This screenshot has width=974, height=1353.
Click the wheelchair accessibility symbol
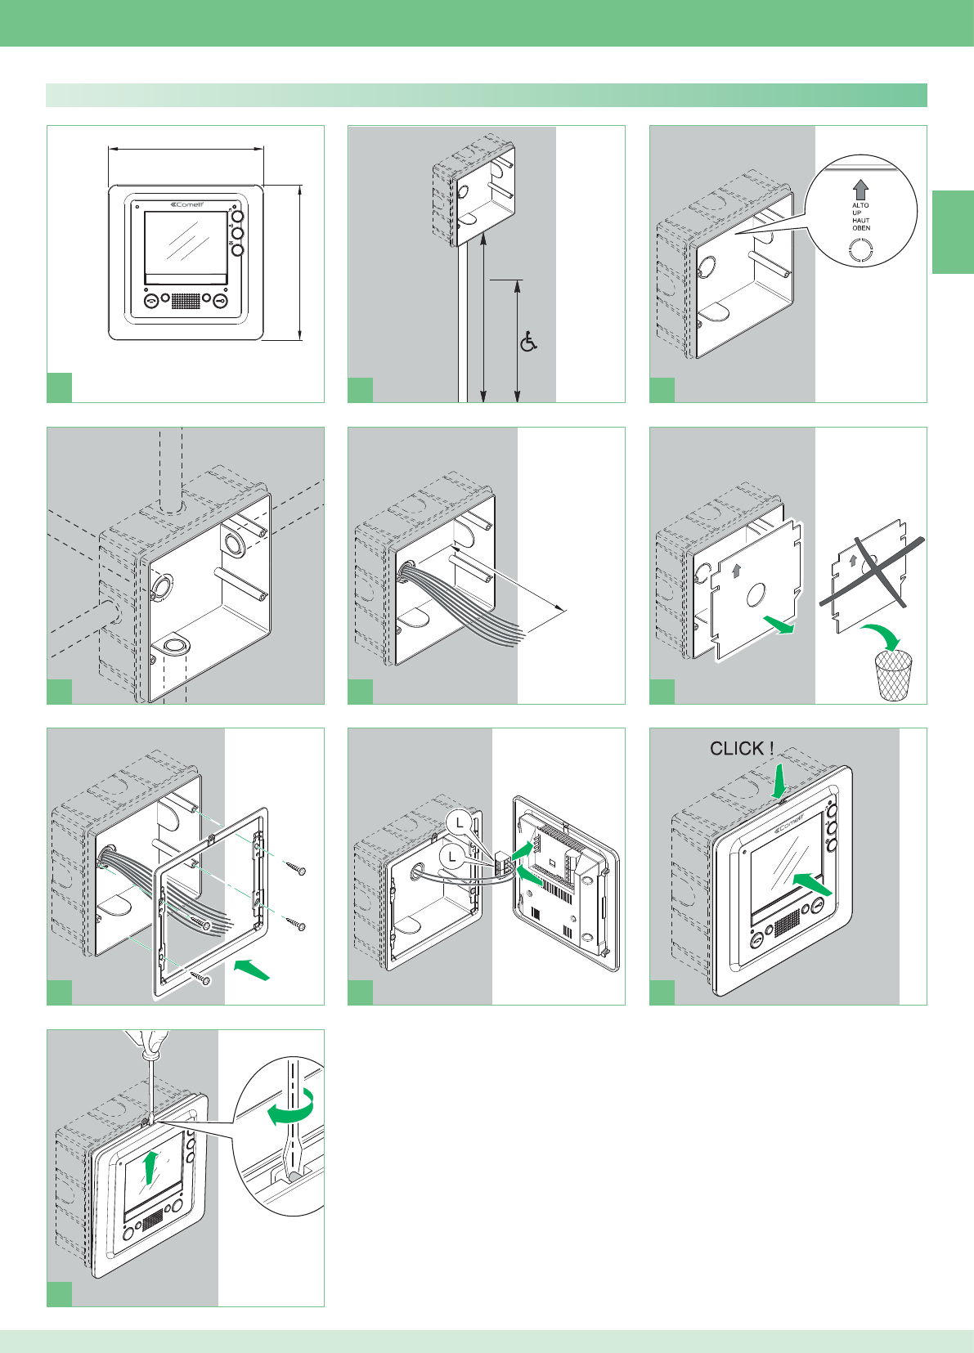[529, 342]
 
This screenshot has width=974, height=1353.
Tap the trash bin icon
[893, 675]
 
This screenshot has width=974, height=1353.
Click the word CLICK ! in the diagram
[741, 748]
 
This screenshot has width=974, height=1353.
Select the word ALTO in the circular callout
[860, 205]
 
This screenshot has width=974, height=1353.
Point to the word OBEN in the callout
[861, 228]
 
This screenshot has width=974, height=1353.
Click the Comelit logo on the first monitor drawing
[186, 205]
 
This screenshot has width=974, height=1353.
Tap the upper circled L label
[461, 822]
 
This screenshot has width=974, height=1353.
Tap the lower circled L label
[451, 857]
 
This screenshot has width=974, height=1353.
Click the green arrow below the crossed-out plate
[779, 625]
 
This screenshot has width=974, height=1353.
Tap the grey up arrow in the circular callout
[860, 190]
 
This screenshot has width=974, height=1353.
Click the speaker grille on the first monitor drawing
[186, 300]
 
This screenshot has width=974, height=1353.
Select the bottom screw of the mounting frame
[200, 976]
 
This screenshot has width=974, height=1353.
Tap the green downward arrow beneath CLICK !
[779, 778]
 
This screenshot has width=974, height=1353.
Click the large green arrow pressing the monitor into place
[812, 884]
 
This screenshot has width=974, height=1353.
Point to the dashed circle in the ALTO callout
[861, 250]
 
